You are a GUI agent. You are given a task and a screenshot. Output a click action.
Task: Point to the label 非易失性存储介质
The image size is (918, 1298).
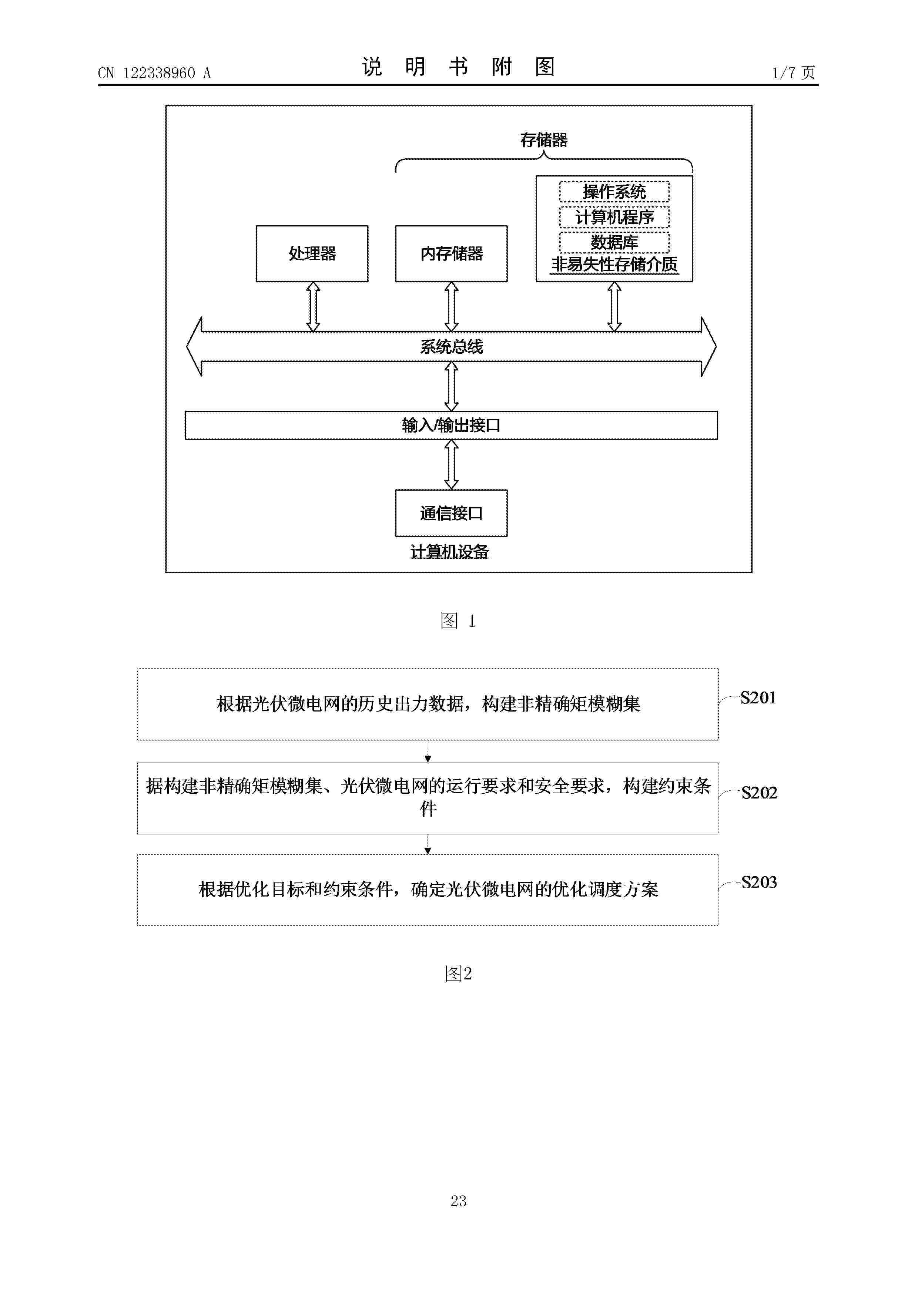[x=614, y=265]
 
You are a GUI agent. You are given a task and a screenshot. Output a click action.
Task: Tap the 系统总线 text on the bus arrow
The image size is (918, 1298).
[x=451, y=347]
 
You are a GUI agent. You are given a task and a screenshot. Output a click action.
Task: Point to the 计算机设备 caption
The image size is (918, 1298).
[x=450, y=552]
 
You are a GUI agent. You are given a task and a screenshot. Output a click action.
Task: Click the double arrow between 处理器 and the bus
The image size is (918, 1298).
[x=313, y=307]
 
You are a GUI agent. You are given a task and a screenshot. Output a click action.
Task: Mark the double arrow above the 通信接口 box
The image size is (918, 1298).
[x=451, y=465]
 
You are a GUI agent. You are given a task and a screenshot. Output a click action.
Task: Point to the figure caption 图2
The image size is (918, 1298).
[x=458, y=973]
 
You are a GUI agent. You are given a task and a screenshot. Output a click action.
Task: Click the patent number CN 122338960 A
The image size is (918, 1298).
[x=154, y=73]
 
